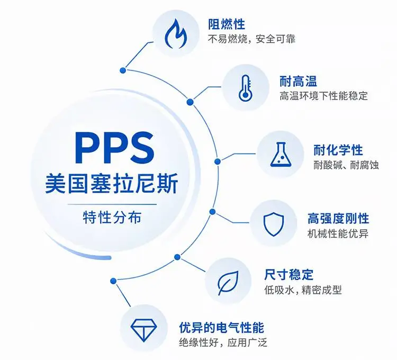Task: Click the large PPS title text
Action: [x=115, y=148]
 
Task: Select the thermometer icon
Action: [x=245, y=87]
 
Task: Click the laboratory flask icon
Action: [x=281, y=155]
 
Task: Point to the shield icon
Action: [x=274, y=224]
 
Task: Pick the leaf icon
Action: [x=228, y=283]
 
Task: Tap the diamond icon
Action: [x=144, y=330]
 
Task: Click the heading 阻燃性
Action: [x=227, y=24]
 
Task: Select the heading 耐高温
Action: [x=298, y=82]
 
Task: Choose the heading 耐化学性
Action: [x=338, y=150]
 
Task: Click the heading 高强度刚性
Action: [x=338, y=219]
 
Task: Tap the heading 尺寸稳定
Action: [x=289, y=275]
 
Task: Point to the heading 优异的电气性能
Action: [x=222, y=328]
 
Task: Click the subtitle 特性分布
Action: [x=112, y=217]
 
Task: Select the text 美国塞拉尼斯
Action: [x=112, y=183]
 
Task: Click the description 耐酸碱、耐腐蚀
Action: [x=346, y=165]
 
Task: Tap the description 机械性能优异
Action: [x=338, y=233]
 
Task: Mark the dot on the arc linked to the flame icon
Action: [x=123, y=70]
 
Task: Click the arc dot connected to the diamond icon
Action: [x=113, y=281]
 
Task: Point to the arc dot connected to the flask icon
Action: [x=217, y=161]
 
